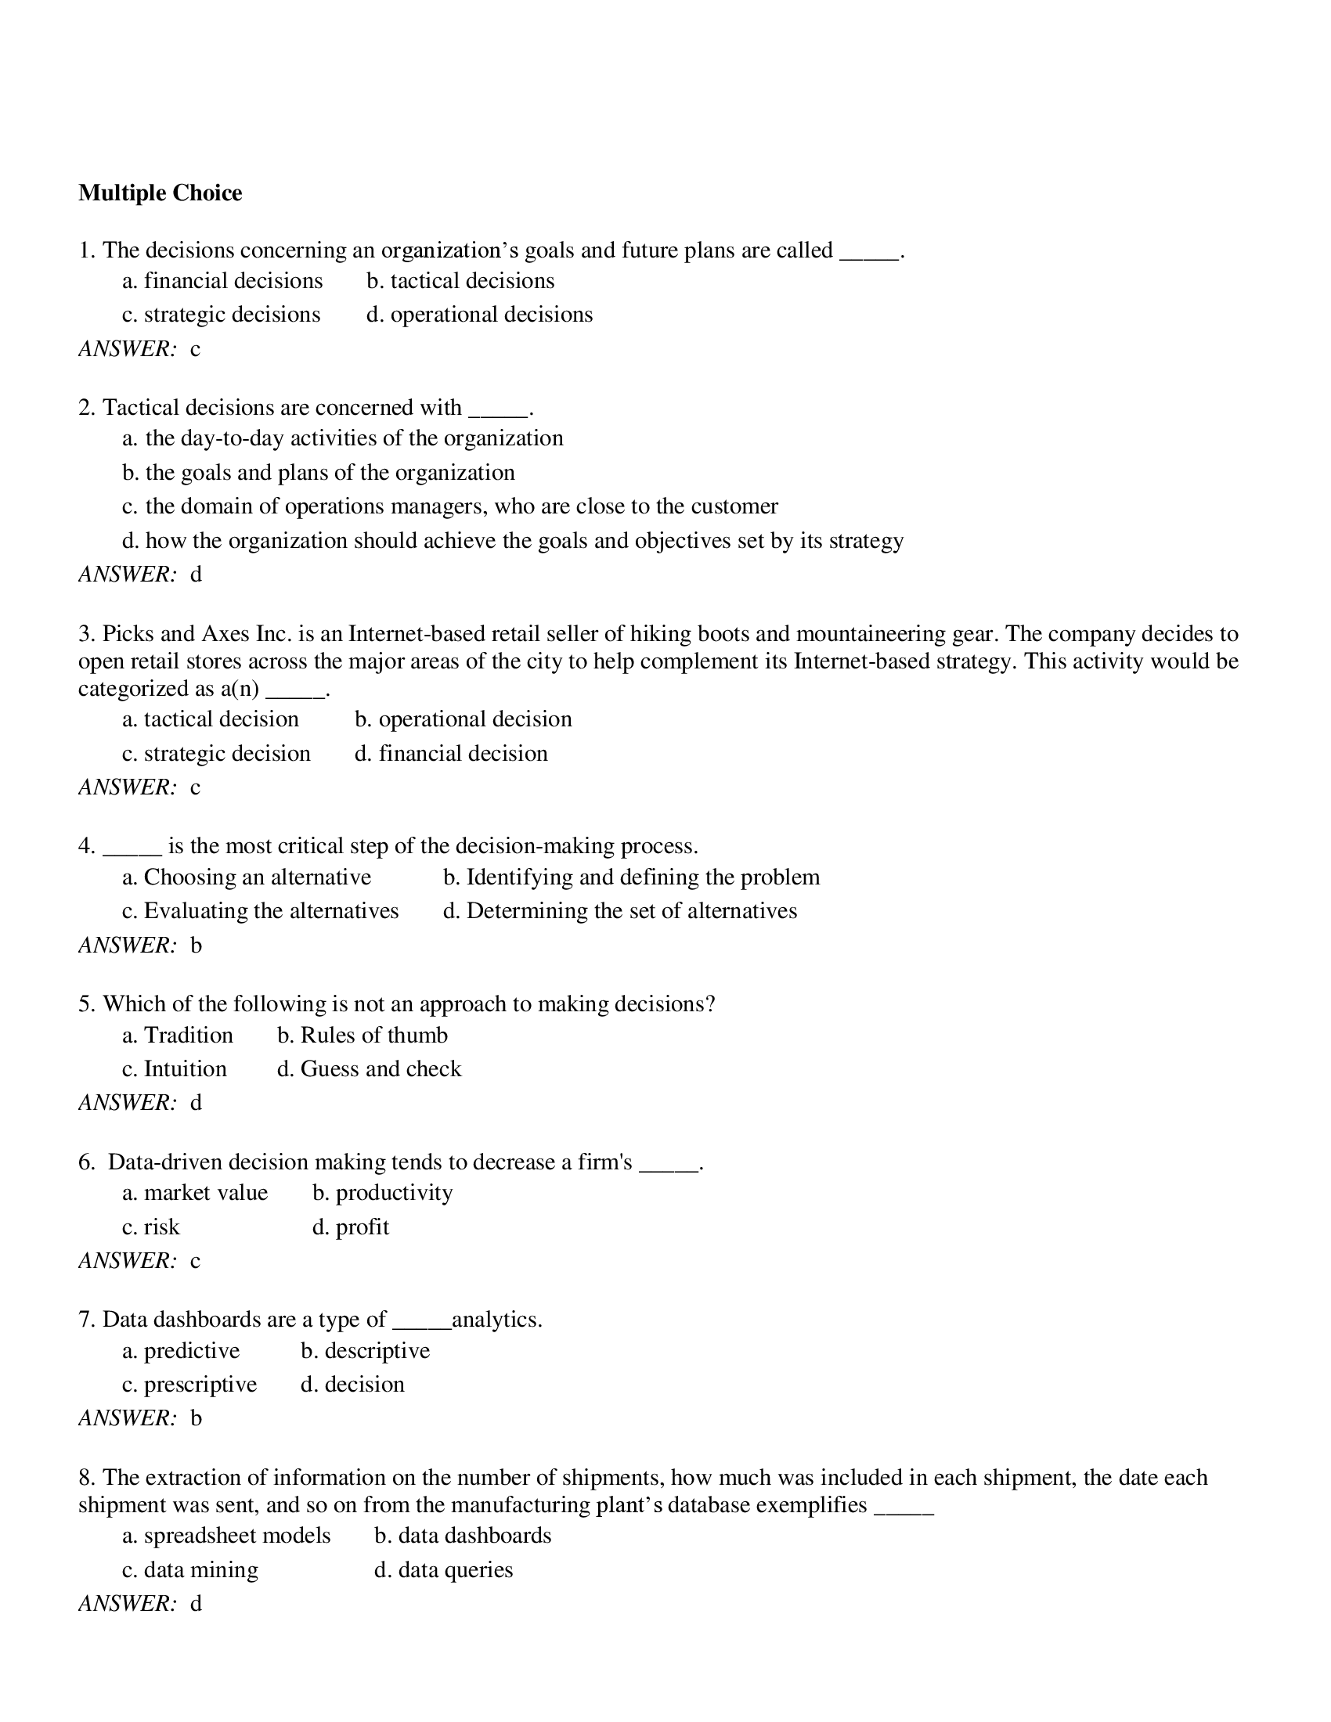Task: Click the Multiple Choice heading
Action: coord(160,193)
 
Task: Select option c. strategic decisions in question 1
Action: coord(221,315)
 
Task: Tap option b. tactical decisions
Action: coord(460,281)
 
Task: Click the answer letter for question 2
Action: coord(196,574)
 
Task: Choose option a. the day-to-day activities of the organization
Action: coord(342,438)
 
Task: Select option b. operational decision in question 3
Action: coord(463,719)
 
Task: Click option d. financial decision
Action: coord(451,753)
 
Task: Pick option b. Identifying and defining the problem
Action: coord(631,877)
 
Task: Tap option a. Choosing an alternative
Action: coord(246,877)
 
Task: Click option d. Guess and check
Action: coord(369,1068)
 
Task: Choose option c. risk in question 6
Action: coord(150,1227)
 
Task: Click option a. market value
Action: coord(195,1192)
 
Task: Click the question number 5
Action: coord(86,1003)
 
